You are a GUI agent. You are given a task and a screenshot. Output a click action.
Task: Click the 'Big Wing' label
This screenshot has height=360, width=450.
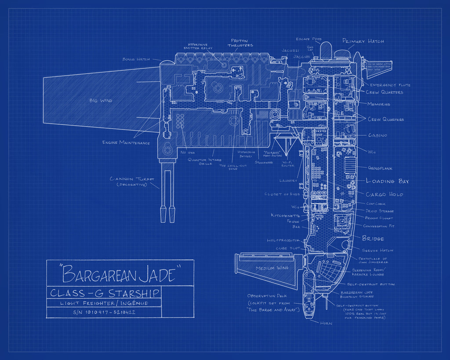click(101, 101)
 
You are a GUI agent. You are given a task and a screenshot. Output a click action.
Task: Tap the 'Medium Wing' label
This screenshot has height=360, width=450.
click(271, 268)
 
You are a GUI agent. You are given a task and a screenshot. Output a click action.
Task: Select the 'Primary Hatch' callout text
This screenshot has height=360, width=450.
click(363, 41)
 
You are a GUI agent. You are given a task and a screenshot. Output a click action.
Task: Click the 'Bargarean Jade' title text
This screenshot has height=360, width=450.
click(120, 274)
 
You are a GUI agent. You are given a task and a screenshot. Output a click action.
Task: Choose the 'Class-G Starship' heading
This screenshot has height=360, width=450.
click(105, 293)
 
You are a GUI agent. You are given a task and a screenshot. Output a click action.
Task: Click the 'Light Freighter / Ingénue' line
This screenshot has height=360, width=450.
click(104, 303)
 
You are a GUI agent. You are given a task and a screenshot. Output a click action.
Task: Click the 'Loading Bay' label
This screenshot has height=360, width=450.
click(387, 181)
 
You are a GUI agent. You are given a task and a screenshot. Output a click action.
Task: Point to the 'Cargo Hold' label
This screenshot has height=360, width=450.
click(384, 194)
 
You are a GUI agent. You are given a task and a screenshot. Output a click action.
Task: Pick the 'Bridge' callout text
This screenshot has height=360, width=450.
click(373, 239)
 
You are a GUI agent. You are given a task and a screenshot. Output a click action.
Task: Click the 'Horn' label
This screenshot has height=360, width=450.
click(326, 323)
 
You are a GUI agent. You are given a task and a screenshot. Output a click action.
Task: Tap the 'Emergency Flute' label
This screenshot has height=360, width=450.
click(390, 85)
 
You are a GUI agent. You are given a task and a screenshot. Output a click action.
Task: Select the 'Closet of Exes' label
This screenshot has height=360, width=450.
click(282, 194)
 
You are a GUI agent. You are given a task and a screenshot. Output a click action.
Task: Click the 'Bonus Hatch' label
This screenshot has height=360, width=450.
click(136, 59)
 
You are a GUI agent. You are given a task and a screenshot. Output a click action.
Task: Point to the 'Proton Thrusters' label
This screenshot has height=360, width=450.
click(240, 43)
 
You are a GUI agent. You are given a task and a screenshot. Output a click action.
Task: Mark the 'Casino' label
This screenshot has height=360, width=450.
click(377, 135)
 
